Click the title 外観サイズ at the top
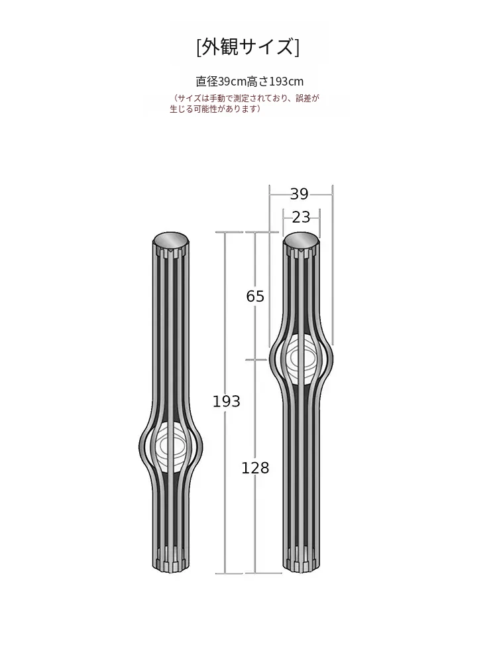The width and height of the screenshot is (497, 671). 248,47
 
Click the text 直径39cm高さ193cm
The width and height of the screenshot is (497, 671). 249,82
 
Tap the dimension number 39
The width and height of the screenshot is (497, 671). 299,194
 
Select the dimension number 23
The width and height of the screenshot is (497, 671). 301,217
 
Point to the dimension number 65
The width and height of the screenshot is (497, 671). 255,296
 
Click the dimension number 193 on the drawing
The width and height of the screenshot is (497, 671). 226,401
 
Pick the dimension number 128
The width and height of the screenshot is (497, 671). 255,467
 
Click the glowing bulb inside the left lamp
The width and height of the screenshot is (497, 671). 171,446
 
